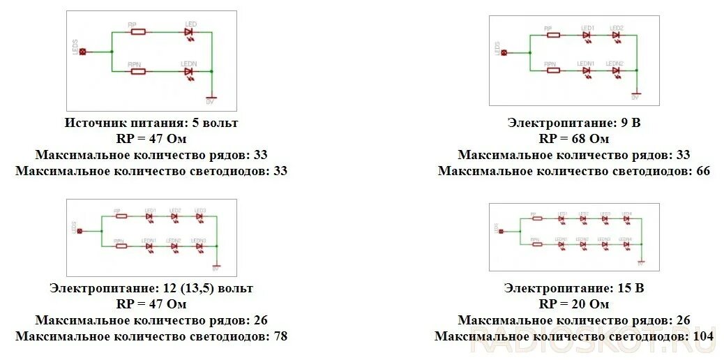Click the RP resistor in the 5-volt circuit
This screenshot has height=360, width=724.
pos(137,31)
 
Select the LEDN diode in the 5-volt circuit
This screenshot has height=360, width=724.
pos(188,71)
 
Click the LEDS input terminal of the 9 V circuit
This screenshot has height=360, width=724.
pos(504,52)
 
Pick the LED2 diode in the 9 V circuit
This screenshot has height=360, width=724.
pos(616,35)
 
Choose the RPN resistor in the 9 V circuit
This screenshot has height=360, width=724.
pos(552,70)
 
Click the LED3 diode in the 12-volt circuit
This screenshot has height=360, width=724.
pos(199,216)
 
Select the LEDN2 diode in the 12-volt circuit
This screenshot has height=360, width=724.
pos(174,246)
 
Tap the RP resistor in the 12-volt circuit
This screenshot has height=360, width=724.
pos(121,216)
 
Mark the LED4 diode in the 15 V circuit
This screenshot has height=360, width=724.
pos(626,218)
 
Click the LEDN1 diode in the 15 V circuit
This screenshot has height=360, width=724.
pos(561,244)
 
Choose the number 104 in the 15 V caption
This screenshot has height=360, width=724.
pos(703,336)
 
